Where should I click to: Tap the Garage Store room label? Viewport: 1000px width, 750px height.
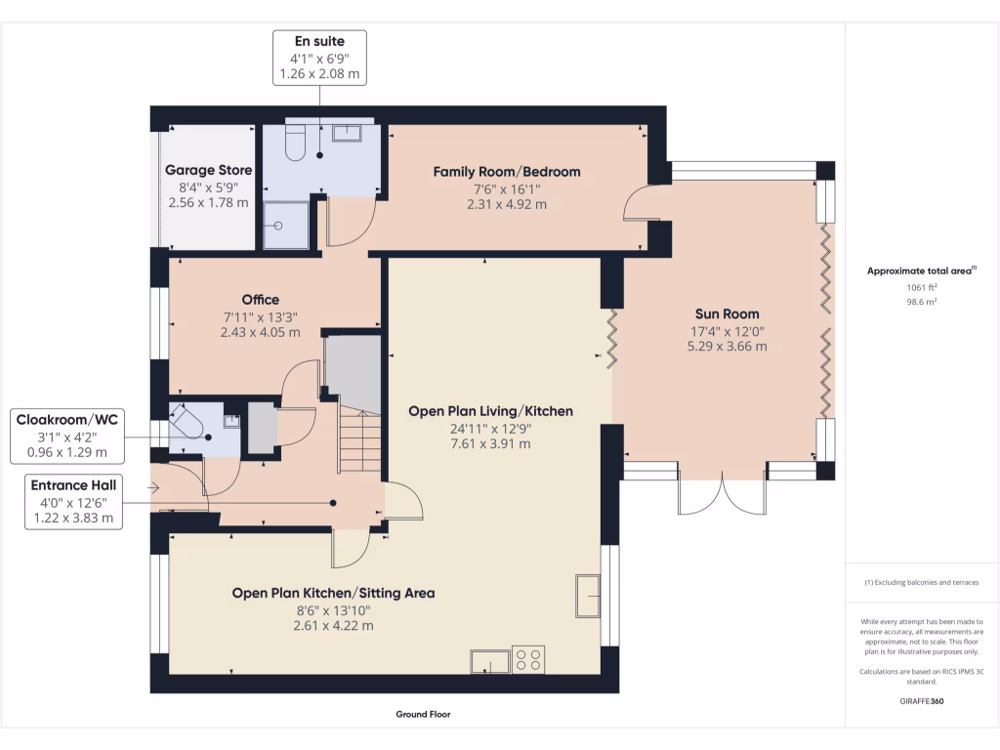tap(208, 170)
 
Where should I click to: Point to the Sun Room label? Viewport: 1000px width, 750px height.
tap(727, 314)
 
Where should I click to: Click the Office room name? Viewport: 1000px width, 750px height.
tap(261, 300)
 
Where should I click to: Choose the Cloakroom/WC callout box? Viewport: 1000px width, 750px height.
tap(67, 436)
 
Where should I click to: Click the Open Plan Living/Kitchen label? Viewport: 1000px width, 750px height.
tap(490, 411)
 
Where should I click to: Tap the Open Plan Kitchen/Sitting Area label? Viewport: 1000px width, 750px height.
tap(333, 593)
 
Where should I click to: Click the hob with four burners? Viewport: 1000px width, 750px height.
tap(528, 660)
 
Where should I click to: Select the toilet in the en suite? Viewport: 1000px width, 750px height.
tap(294, 144)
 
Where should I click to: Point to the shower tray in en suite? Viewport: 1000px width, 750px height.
tap(285, 225)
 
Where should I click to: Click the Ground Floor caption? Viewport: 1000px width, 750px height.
tap(423, 714)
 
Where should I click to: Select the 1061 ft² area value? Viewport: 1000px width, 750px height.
tap(921, 288)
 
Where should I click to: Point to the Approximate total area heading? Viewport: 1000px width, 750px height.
tap(921, 271)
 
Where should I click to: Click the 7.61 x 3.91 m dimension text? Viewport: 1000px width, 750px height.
tap(490, 443)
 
